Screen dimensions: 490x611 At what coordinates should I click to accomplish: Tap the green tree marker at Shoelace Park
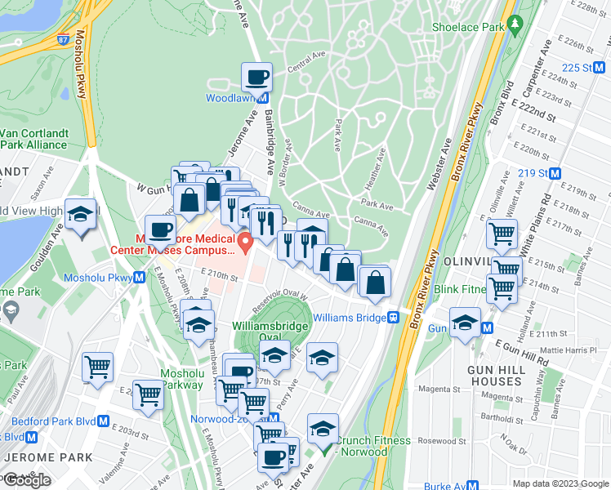(x=513, y=25)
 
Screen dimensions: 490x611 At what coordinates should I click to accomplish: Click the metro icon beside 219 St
(x=555, y=173)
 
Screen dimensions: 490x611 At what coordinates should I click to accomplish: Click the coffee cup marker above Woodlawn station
(x=257, y=78)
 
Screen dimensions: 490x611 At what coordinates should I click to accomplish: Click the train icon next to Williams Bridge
(x=393, y=317)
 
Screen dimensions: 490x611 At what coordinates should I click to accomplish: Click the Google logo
(x=27, y=479)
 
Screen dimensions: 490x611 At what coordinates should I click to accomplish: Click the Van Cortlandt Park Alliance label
(x=34, y=139)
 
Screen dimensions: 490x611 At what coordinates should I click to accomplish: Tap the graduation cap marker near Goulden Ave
(x=80, y=215)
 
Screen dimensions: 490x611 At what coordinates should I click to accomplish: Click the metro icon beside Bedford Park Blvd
(x=103, y=421)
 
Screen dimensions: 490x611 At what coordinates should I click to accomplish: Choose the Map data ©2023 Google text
(x=560, y=483)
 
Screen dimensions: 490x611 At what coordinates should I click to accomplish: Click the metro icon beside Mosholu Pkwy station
(x=140, y=278)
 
